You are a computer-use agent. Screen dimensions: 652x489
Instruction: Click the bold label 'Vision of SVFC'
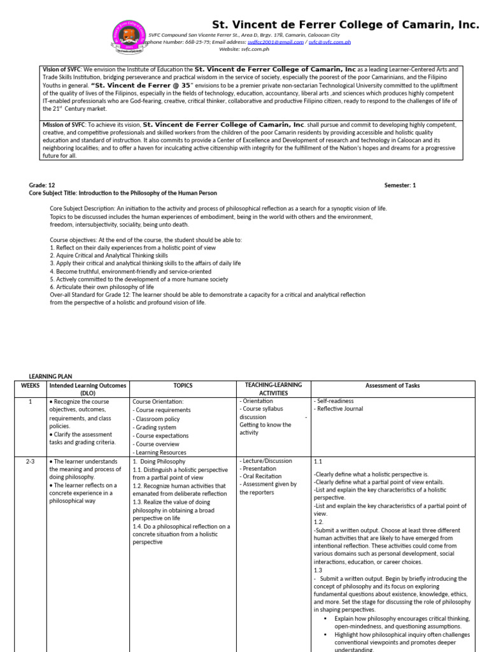[62, 69]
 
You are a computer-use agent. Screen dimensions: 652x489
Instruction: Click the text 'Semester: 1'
[400, 185]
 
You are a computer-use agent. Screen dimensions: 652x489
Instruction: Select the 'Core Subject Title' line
[123, 193]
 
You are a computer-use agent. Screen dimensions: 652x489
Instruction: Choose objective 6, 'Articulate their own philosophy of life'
[102, 287]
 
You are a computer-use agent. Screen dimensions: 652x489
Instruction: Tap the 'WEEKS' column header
[31, 386]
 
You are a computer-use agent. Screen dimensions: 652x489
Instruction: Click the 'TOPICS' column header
[182, 386]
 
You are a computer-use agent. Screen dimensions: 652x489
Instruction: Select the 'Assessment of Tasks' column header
[392, 386]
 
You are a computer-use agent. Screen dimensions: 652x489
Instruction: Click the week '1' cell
[31, 402]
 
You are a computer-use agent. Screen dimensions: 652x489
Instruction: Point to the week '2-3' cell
[31, 461]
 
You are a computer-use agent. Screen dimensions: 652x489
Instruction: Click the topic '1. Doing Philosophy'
[159, 461]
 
